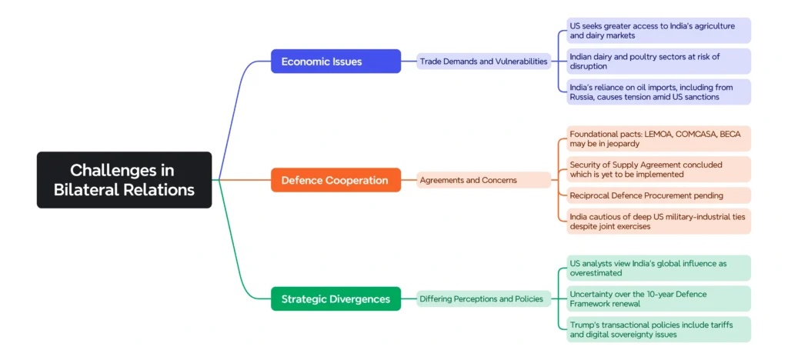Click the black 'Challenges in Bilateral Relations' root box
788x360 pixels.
[x=124, y=180]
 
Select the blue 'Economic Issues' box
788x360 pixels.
[x=336, y=62]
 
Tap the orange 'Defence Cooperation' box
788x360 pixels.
[x=336, y=180]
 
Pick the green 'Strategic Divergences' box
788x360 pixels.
[x=336, y=298]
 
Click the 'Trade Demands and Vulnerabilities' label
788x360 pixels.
[x=484, y=62]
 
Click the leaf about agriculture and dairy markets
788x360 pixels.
[x=658, y=31]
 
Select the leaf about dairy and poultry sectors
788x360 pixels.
[x=658, y=62]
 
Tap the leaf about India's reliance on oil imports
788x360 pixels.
[x=658, y=92]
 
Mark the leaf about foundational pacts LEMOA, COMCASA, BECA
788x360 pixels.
[x=658, y=138]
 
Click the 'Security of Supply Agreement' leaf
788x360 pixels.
[x=658, y=169]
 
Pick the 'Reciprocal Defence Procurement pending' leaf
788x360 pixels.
[x=658, y=195]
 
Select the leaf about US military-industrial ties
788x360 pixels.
[x=658, y=222]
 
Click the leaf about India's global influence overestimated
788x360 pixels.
[x=658, y=268]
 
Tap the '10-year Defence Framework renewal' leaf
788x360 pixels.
[x=658, y=298]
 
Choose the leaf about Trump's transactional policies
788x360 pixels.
[x=658, y=329]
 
